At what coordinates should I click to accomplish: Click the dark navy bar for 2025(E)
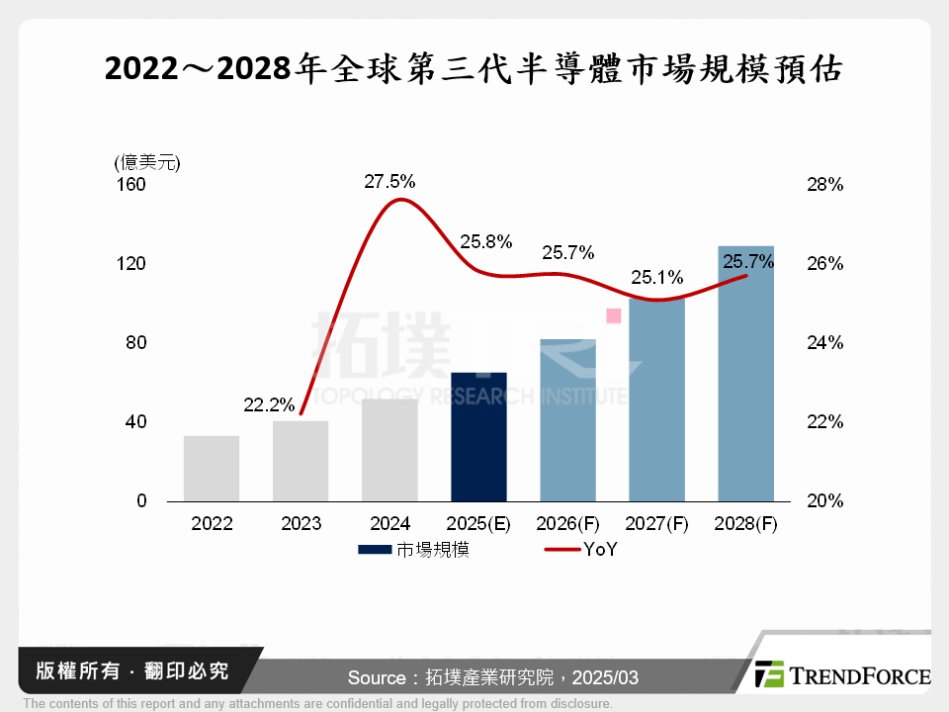tap(478, 437)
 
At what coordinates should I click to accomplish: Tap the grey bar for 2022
tap(212, 469)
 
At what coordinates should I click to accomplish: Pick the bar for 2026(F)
tap(567, 420)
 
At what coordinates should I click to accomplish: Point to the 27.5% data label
tap(389, 182)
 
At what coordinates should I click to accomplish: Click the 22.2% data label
tap(269, 404)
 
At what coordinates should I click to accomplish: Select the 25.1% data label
tap(657, 275)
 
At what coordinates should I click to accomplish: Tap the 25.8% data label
tap(485, 241)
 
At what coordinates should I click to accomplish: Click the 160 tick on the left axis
tap(132, 185)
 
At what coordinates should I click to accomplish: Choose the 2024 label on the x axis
tap(389, 524)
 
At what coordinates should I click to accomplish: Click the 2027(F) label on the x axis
tap(657, 524)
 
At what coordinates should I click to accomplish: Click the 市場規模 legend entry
tap(413, 550)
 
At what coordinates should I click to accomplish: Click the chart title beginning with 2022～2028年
tap(474, 70)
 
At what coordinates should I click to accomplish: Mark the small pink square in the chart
tap(613, 315)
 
